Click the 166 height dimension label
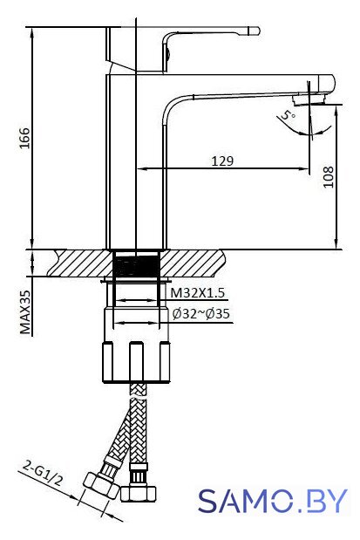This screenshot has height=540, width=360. click(x=24, y=138)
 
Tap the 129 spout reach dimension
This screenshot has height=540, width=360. click(x=222, y=161)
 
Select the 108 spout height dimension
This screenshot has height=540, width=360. click(x=329, y=177)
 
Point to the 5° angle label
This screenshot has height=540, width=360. click(x=288, y=114)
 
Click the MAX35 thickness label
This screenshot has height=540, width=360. click(x=24, y=312)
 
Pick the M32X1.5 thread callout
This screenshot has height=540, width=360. click(x=198, y=293)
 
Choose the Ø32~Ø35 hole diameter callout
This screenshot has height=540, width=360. click(x=201, y=314)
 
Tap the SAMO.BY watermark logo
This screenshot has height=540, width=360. click(x=273, y=501)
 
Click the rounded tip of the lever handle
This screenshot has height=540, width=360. click(x=256, y=31)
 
